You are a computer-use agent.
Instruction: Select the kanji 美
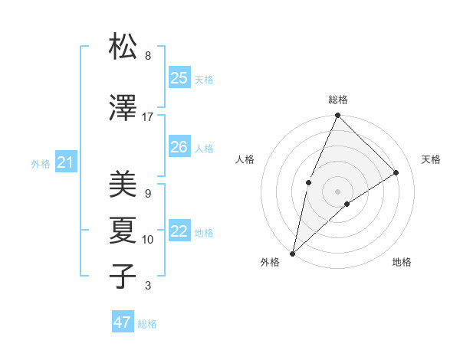[123, 185]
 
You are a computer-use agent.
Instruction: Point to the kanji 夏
[123, 230]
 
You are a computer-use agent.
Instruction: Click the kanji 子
[123, 276]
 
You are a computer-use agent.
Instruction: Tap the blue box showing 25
[179, 78]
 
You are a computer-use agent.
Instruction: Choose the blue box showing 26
[179, 147]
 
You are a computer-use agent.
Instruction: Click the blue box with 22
[179, 231]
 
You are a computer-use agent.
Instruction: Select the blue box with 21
[65, 162]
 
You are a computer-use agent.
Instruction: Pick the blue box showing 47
[123, 322]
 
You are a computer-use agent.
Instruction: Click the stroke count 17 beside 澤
[147, 117]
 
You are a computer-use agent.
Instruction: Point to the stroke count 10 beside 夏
[147, 240]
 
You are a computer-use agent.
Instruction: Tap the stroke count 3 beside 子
[147, 286]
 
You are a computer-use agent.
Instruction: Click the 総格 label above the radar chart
[337, 100]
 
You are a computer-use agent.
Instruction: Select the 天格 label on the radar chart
[431, 159]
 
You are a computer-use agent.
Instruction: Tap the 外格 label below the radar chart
[269, 263]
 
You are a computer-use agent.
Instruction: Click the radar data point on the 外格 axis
[292, 253]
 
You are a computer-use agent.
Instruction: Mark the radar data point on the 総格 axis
[337, 116]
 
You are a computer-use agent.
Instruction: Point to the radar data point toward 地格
[347, 204]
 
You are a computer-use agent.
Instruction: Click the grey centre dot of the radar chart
[337, 191]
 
